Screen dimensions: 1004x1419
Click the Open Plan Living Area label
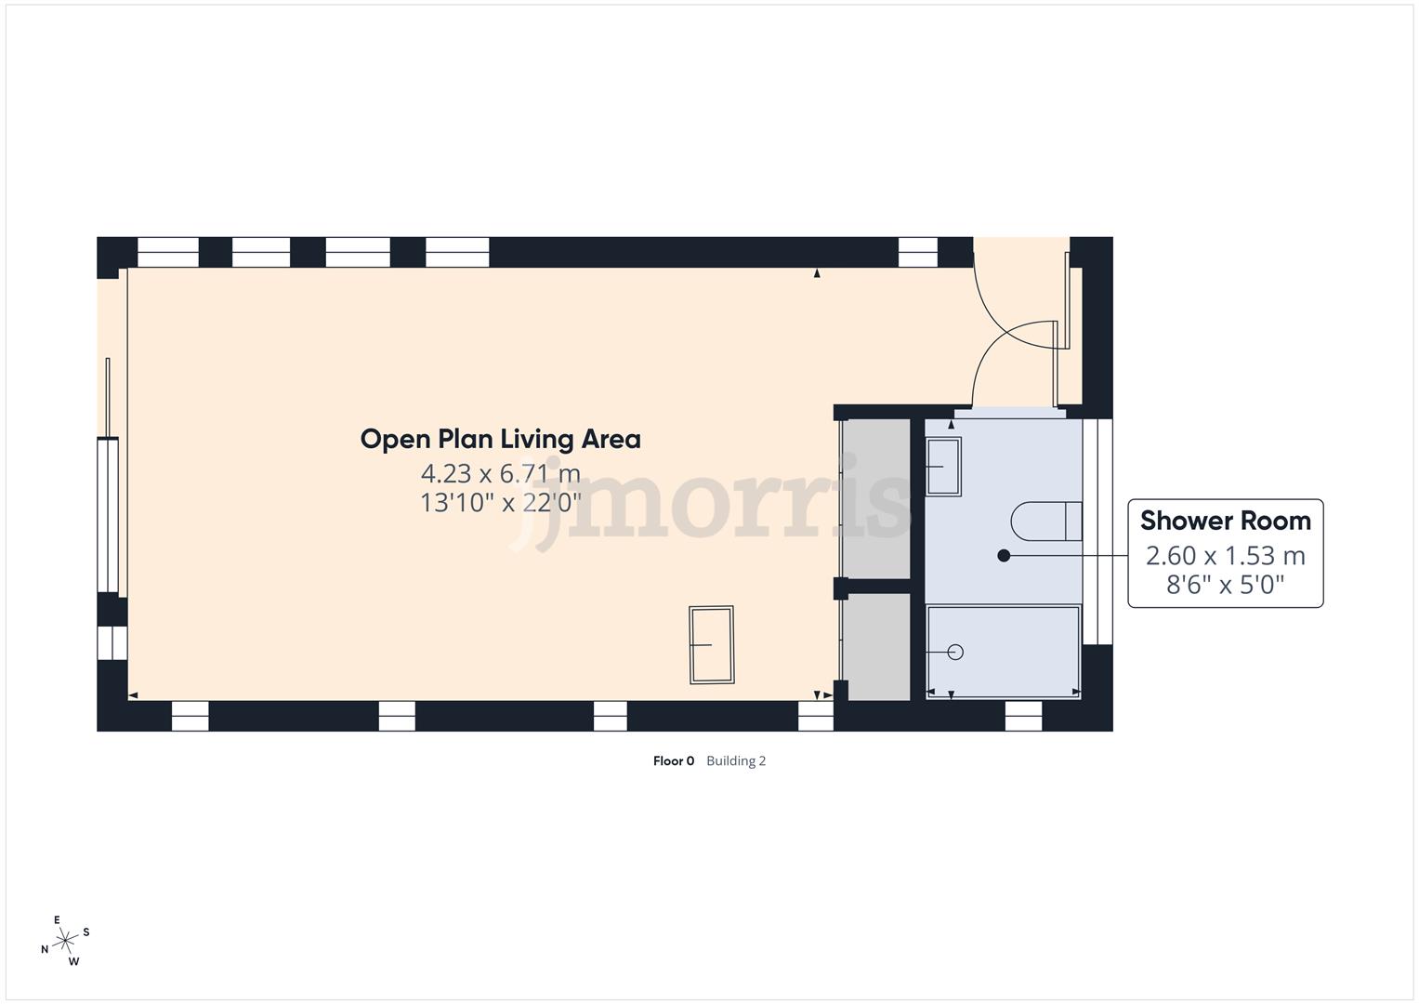click(500, 439)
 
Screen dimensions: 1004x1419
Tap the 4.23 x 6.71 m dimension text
click(500, 473)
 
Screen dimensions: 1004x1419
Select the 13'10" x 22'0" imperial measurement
click(500, 503)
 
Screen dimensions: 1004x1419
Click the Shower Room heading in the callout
click(1225, 521)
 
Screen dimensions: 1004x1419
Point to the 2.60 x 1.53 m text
click(1225, 556)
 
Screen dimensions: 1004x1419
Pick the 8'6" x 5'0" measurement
click(1225, 585)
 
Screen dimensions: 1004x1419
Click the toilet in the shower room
click(1046, 522)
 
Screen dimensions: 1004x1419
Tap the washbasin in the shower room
click(943, 467)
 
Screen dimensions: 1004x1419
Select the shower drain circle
click(954, 652)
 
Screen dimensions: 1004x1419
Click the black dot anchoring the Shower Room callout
click(1004, 556)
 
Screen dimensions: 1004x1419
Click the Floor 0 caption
click(674, 761)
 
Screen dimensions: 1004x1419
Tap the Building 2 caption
click(736, 761)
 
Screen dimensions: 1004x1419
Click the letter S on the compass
click(86, 931)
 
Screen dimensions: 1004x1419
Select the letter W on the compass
click(73, 961)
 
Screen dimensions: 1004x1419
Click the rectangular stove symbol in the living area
click(711, 644)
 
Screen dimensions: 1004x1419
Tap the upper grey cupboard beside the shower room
click(875, 498)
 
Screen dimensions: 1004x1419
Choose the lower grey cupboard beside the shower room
click(875, 646)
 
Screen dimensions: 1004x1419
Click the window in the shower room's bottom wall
click(1023, 715)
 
